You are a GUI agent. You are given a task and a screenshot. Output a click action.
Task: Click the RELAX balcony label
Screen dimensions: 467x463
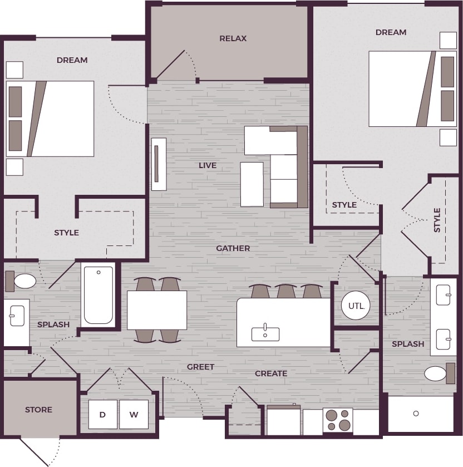(233, 38)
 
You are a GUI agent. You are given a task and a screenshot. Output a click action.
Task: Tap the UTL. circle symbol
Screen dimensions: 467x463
(356, 306)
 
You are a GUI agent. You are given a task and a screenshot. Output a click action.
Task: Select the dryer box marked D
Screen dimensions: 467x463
(102, 415)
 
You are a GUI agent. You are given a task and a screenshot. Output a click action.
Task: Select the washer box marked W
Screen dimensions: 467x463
(134, 415)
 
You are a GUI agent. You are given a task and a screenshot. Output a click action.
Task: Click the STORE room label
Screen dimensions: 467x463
(38, 410)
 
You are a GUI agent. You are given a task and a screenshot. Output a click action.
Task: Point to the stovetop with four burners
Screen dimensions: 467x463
(338, 420)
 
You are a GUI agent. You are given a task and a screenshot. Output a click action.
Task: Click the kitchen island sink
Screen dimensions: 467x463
(265, 333)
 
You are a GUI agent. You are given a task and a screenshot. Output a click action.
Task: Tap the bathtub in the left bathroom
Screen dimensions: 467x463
(98, 294)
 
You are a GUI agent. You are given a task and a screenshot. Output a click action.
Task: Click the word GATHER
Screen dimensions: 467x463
(233, 248)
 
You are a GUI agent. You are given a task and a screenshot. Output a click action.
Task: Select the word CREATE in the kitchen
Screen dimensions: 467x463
(271, 373)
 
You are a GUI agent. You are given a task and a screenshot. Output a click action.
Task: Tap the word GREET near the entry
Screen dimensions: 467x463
(200, 367)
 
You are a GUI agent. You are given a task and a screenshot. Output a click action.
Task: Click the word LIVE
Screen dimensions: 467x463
(208, 165)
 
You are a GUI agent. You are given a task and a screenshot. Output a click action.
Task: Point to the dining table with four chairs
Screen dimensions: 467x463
(157, 310)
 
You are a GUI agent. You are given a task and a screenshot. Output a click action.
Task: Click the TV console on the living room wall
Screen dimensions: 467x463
(159, 164)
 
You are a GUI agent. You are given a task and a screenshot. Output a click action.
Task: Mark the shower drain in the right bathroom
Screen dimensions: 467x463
(416, 414)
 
